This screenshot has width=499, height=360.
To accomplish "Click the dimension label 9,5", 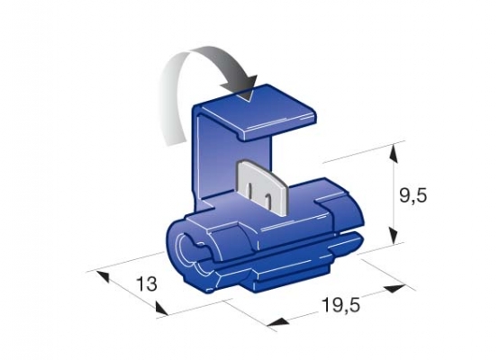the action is [x=413, y=195].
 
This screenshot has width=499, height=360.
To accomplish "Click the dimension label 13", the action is [x=147, y=284].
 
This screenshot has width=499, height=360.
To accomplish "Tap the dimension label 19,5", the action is [x=340, y=305].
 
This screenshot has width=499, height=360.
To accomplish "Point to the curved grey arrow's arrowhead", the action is [x=242, y=87].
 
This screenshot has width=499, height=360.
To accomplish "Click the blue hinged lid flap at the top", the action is [x=255, y=112].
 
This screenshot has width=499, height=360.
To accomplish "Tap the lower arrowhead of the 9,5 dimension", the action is [x=394, y=235].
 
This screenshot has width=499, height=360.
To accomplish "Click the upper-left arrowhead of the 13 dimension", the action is [x=103, y=276].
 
